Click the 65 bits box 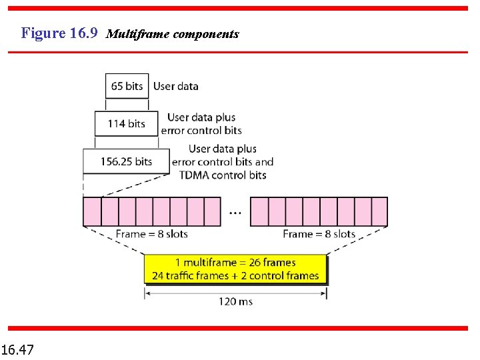point(127,86)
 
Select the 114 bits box point(127,123)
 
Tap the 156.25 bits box point(126,161)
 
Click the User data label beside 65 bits point(175,86)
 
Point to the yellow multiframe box point(235,269)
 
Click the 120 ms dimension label point(235,301)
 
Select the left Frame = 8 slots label point(151,234)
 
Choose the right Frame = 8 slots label point(319,234)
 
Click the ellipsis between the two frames point(235,213)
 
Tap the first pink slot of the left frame point(91,211)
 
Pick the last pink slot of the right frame point(379,211)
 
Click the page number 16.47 point(19,349)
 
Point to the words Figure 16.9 point(59,33)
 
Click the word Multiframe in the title point(137,33)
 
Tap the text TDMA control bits point(222,175)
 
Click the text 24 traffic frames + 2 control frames point(235,275)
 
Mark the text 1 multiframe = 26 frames point(235,263)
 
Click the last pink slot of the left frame point(211,211)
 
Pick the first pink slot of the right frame point(259,211)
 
